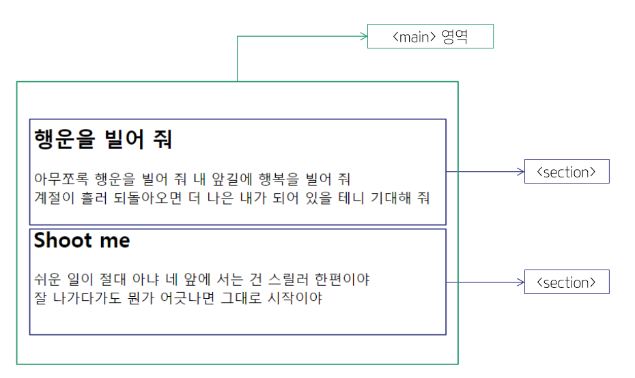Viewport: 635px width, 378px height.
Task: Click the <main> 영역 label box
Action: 430,36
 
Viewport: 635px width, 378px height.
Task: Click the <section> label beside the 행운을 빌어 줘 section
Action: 567,171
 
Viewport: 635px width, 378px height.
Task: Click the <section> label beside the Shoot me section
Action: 567,282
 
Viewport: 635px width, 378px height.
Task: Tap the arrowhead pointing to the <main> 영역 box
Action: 364,36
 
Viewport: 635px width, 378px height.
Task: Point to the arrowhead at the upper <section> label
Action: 521,171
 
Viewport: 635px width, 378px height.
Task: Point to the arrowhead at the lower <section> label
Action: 521,282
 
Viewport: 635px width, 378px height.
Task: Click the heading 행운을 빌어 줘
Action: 103,139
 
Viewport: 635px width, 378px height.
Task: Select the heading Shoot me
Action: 82,240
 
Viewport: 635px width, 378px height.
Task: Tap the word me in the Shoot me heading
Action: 115,242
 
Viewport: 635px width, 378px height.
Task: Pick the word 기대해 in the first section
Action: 391,198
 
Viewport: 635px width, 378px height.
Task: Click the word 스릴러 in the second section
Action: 288,279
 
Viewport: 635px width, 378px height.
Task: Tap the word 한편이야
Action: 342,279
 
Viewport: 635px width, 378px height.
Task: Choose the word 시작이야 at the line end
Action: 295,298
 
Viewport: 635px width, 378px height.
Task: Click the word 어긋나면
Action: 187,298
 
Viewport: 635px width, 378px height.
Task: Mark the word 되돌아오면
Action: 147,198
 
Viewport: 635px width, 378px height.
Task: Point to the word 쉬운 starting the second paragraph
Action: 47,279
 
